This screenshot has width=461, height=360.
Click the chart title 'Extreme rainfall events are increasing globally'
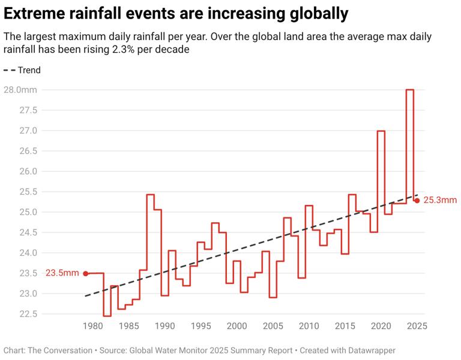176,13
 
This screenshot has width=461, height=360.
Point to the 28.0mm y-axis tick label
20,90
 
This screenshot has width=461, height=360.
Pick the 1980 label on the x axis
92,326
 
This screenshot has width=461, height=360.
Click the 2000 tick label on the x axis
237,326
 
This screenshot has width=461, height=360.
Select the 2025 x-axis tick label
417,326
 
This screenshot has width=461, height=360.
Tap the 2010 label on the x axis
309,326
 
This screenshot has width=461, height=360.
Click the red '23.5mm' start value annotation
62,273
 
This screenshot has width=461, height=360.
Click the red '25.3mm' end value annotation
440,200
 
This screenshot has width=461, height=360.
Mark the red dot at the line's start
85,273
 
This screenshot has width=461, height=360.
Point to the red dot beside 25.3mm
417,200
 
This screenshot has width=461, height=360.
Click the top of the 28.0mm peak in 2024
409,90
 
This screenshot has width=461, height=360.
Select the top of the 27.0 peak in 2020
381,131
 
